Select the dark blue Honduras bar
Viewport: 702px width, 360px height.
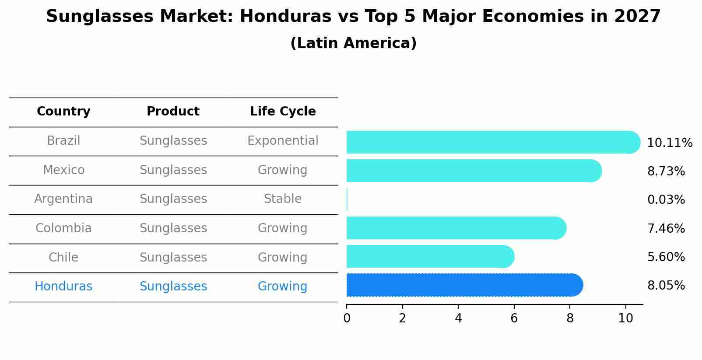[x=464, y=285]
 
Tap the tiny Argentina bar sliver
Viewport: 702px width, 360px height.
[x=347, y=199]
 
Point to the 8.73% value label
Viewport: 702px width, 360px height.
[x=666, y=171]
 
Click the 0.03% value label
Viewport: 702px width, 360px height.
[x=666, y=200]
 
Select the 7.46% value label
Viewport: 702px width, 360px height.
[x=666, y=228]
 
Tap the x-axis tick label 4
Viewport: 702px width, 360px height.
[x=458, y=318]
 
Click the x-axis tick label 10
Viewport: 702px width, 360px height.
[x=625, y=318]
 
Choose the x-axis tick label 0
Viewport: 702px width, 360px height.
[x=347, y=318]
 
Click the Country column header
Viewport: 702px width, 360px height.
[x=63, y=112]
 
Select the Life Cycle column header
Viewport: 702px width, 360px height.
[x=283, y=112]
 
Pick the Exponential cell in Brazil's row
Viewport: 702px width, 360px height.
[x=283, y=141]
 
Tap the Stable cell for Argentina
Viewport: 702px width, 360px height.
[x=283, y=199]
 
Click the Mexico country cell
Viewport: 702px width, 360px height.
[x=63, y=170]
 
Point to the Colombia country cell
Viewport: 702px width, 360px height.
[x=63, y=228]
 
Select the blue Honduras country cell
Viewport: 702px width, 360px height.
[x=63, y=287]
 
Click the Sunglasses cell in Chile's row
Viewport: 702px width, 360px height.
[x=173, y=257]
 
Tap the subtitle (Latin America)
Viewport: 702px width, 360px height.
[x=353, y=43]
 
